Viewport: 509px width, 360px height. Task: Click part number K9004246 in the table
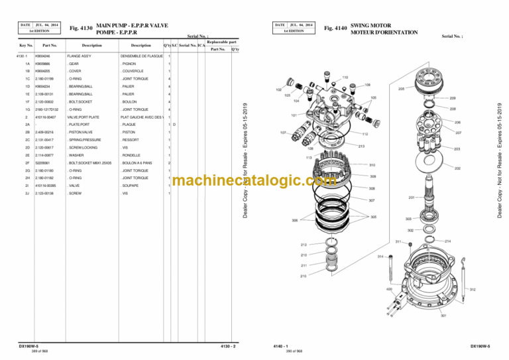click(43, 56)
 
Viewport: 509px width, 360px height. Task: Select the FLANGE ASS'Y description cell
click(79, 56)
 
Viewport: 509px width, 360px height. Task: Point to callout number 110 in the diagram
click(345, 77)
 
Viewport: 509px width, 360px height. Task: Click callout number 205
click(401, 88)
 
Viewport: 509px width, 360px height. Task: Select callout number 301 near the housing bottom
click(443, 315)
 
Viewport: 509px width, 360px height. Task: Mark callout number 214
click(448, 241)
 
